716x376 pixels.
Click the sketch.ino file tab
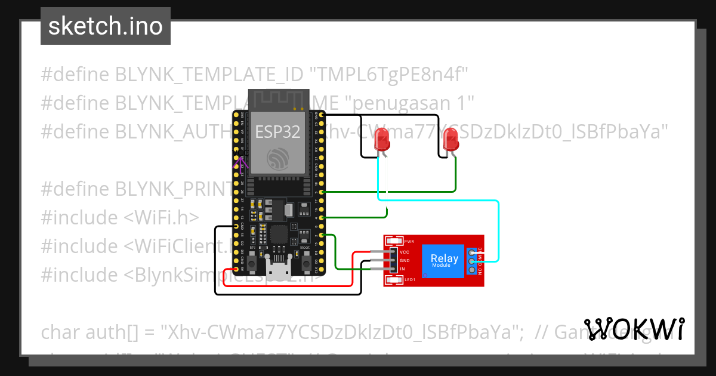point(105,26)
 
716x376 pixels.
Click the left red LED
point(382,142)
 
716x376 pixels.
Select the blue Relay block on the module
point(445,260)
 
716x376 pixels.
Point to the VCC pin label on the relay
point(404,252)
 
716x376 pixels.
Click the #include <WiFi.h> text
point(119,217)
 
